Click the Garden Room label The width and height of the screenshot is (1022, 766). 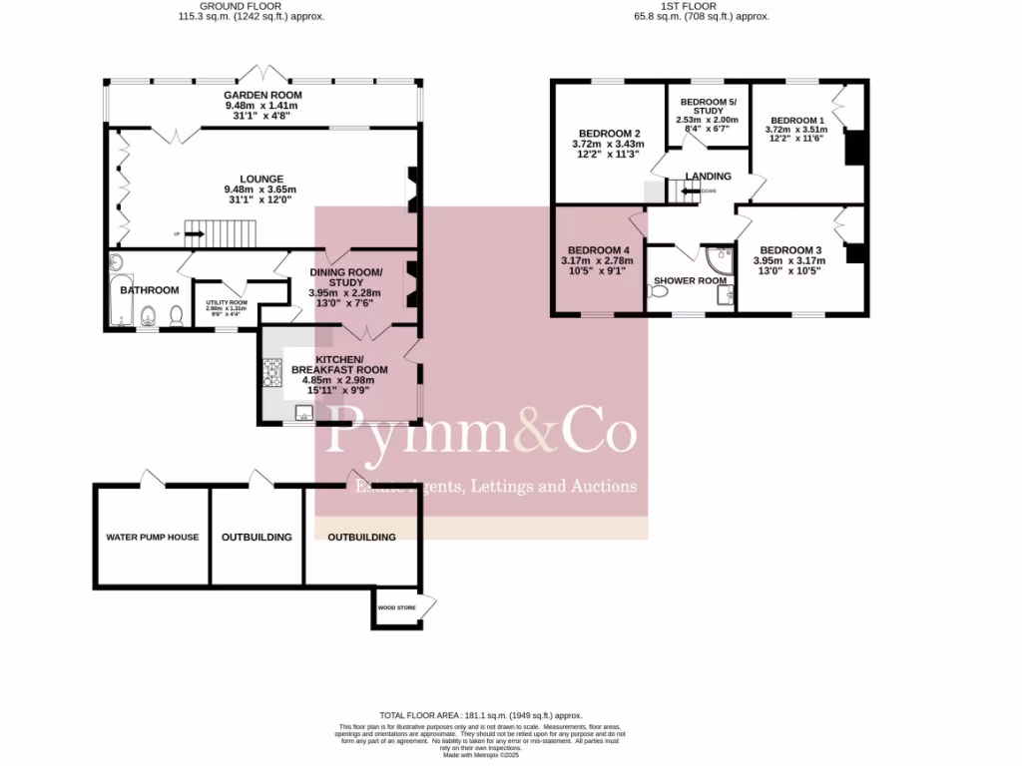[x=261, y=95]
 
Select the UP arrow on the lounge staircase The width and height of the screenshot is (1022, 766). [x=194, y=234]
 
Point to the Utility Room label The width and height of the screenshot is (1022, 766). [x=226, y=302]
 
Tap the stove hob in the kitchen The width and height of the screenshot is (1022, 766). [x=271, y=373]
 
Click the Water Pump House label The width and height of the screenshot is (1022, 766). [x=153, y=537]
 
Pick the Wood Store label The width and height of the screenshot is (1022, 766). [x=396, y=606]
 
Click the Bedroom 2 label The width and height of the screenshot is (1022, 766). [x=609, y=134]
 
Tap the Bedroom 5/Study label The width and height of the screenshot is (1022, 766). [x=708, y=106]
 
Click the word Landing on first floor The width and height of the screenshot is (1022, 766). [x=709, y=177]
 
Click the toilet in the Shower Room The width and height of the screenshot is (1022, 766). [x=661, y=294]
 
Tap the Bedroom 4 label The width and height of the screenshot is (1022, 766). [x=599, y=250]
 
